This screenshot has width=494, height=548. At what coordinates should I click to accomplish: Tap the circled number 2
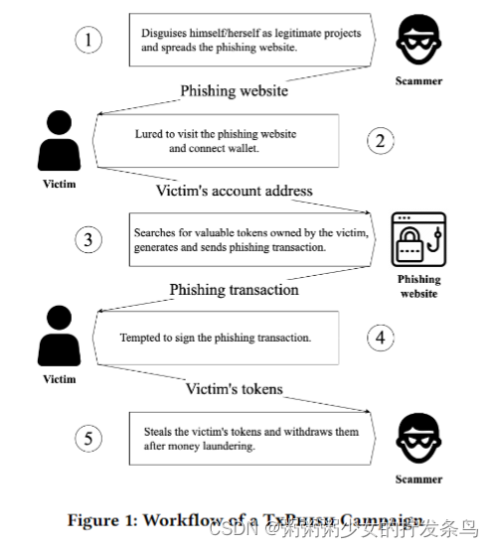pyautogui.click(x=380, y=140)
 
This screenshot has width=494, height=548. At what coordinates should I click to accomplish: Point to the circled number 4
pyautogui.click(x=380, y=338)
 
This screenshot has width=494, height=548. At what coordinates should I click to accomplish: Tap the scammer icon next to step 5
pyautogui.click(x=417, y=437)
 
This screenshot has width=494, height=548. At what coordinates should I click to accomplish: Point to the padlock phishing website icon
pyautogui.click(x=418, y=239)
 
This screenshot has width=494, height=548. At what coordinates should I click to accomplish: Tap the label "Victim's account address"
pyautogui.click(x=235, y=191)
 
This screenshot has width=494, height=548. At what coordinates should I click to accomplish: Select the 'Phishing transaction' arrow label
pyautogui.click(x=234, y=290)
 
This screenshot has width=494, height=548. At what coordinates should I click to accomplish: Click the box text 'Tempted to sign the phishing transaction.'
pyautogui.click(x=217, y=338)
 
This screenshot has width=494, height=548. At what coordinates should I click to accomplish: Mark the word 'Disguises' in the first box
pyautogui.click(x=162, y=34)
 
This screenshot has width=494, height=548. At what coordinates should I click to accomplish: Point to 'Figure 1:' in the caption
pyautogui.click(x=102, y=520)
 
